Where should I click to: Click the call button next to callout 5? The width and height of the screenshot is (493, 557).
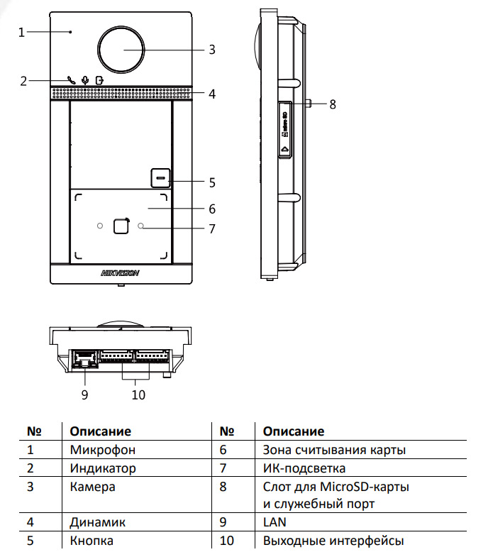click(x=160, y=177)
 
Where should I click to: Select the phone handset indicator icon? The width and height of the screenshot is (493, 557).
click(x=71, y=80)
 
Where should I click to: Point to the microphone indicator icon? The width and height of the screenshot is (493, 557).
click(x=85, y=80)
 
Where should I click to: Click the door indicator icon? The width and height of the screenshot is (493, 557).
click(x=98, y=80)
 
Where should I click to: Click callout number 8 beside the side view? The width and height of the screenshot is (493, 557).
click(x=332, y=104)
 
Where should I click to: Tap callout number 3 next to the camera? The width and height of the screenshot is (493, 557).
click(x=211, y=50)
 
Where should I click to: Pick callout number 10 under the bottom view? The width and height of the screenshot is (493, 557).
click(x=138, y=395)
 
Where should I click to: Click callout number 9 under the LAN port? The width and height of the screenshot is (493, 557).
click(x=84, y=395)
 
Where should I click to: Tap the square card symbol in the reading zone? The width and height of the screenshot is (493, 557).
click(x=121, y=226)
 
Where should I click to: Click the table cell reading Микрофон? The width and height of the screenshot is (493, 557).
click(x=102, y=450)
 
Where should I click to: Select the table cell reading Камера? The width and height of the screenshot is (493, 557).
click(x=92, y=487)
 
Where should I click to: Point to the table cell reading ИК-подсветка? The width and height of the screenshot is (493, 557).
click(x=303, y=468)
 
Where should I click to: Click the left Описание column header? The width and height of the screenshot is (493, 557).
click(x=101, y=431)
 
